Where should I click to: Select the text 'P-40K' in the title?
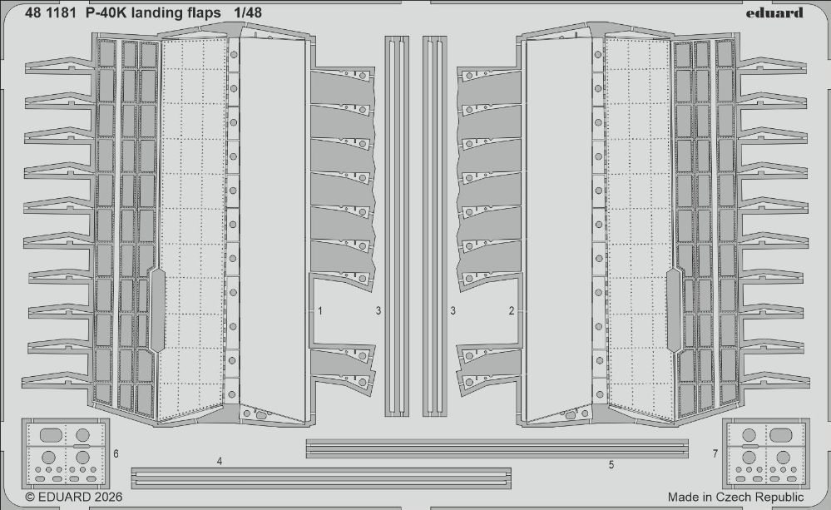103,12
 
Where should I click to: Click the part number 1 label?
320,311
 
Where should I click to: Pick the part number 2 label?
512,311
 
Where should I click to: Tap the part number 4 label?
219,460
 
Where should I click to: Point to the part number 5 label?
611,464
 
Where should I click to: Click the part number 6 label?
116,453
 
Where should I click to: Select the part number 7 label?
715,453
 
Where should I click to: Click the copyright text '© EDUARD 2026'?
74,497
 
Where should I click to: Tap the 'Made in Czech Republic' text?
735,497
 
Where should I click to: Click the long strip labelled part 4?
321,477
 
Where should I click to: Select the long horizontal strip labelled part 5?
497,448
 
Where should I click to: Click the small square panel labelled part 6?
64,454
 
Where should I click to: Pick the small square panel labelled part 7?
766,454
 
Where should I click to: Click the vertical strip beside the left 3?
397,225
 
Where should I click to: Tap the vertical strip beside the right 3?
435,225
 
